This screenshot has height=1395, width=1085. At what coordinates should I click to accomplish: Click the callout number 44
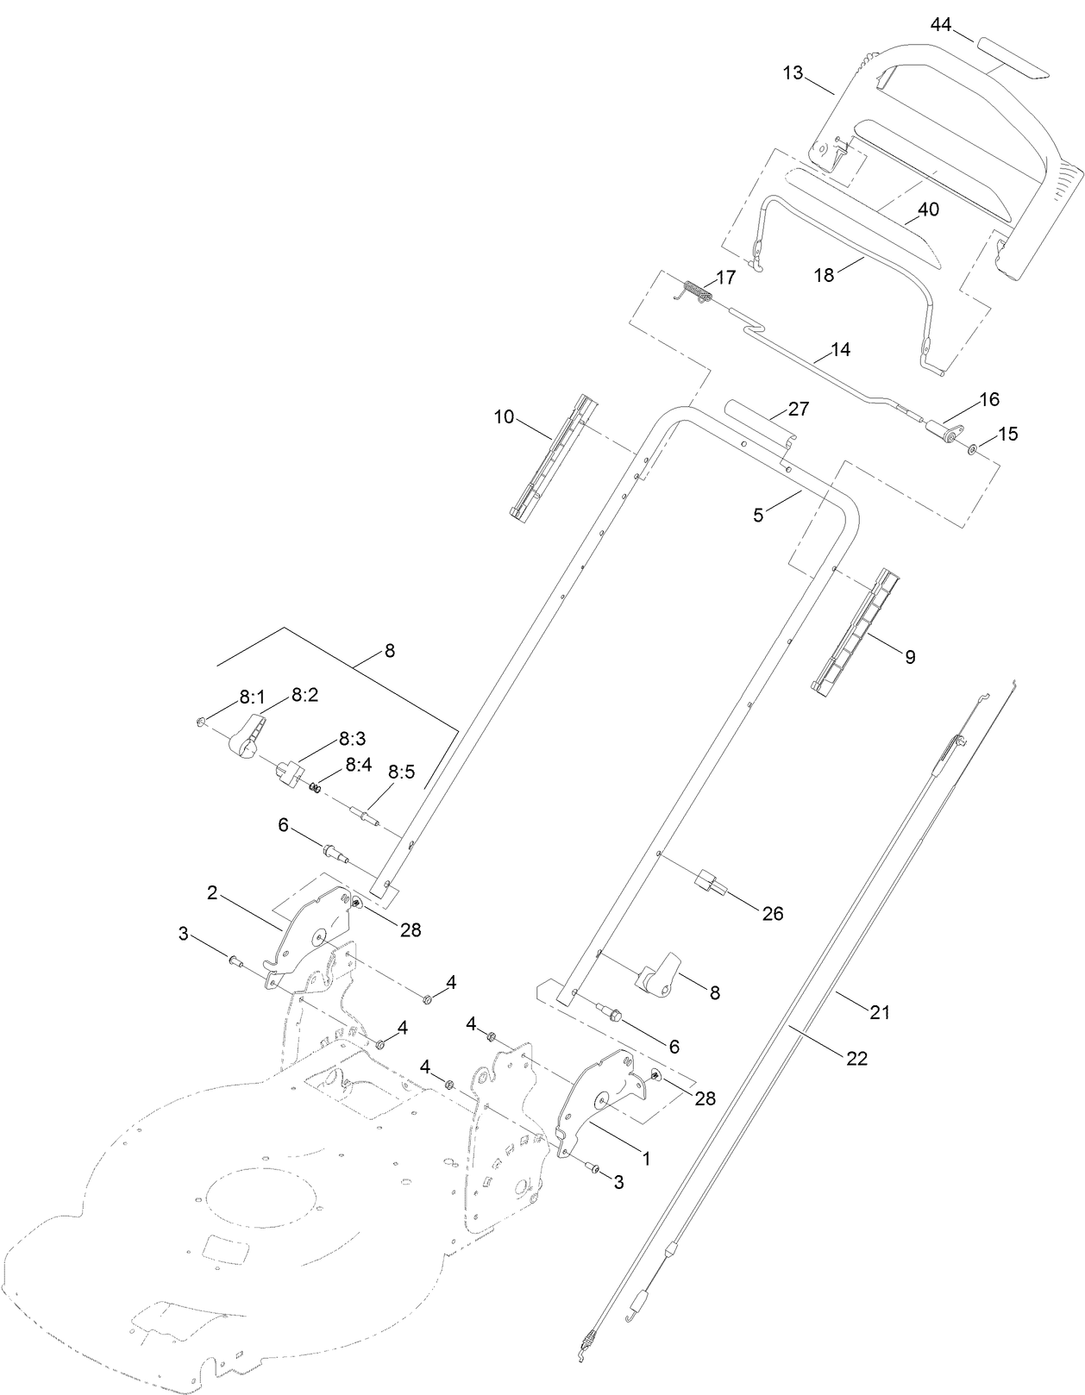pos(940,26)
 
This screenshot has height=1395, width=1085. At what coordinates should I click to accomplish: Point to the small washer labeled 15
pos(972,448)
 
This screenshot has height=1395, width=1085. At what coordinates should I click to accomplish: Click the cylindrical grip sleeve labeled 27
pos(759,420)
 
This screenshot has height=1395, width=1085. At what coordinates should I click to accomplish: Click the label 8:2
pos(304,695)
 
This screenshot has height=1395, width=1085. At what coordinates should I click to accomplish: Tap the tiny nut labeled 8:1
pos(200,721)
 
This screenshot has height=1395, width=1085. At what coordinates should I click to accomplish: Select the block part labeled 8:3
pos(289,769)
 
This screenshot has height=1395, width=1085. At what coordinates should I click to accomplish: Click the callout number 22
pos(856,1058)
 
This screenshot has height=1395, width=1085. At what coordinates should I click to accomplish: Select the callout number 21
pos(879,1012)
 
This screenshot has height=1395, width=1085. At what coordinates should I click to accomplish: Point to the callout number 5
pos(758,516)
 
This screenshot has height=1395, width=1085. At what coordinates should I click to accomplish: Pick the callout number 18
pos(825,275)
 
